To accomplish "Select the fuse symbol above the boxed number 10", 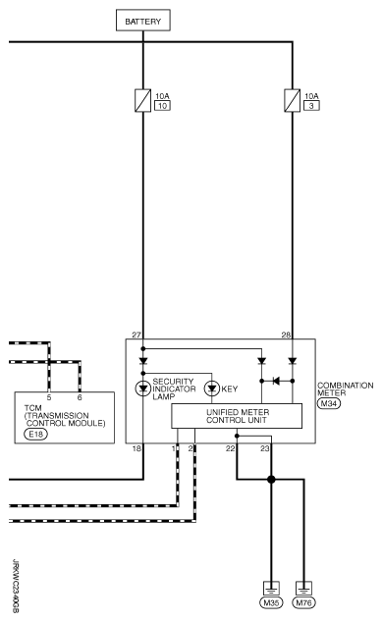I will coord(143,99).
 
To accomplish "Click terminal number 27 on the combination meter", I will coord(136,335).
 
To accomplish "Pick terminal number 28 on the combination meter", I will coord(285,335).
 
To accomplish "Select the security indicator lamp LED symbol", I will coord(143,387).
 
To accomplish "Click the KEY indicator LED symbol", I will coord(211,387).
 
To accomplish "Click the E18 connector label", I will coord(35,432).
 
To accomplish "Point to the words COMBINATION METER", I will coord(345,389).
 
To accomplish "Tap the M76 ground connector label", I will coord(306,602).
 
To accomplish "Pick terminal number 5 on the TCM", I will coord(49,368).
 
